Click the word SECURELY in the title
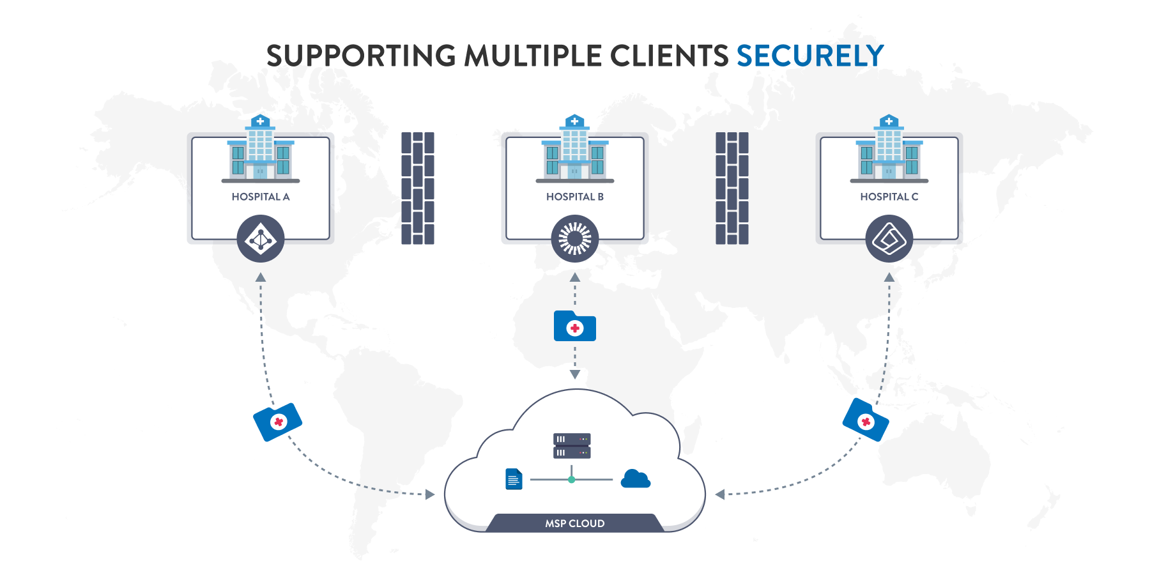(x=809, y=56)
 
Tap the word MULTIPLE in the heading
(x=532, y=56)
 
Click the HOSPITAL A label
(x=260, y=197)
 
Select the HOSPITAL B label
(x=574, y=197)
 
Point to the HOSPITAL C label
(x=889, y=197)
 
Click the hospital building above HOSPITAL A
(x=260, y=149)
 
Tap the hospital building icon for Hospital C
(x=889, y=149)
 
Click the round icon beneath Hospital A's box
(x=260, y=239)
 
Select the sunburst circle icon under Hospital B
(x=574, y=239)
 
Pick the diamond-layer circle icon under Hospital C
(x=889, y=239)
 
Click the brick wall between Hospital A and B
(x=417, y=188)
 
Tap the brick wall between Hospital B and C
(x=732, y=188)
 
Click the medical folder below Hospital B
(x=574, y=326)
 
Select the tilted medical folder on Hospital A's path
(x=277, y=422)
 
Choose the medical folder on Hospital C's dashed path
(x=866, y=420)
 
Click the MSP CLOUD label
(x=574, y=523)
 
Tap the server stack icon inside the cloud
(x=571, y=445)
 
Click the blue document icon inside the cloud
(x=514, y=479)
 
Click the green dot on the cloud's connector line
(x=571, y=479)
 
